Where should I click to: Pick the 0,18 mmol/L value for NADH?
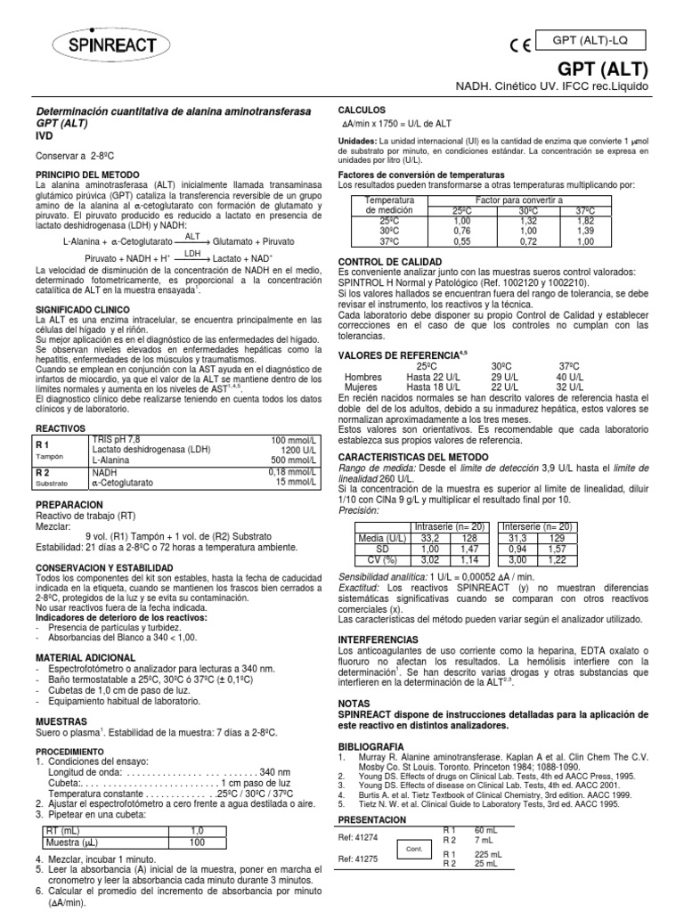click(x=293, y=471)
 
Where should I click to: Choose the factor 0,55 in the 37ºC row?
click(x=461, y=240)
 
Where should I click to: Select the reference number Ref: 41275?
click(x=359, y=859)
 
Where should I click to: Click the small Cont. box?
click(x=413, y=849)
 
